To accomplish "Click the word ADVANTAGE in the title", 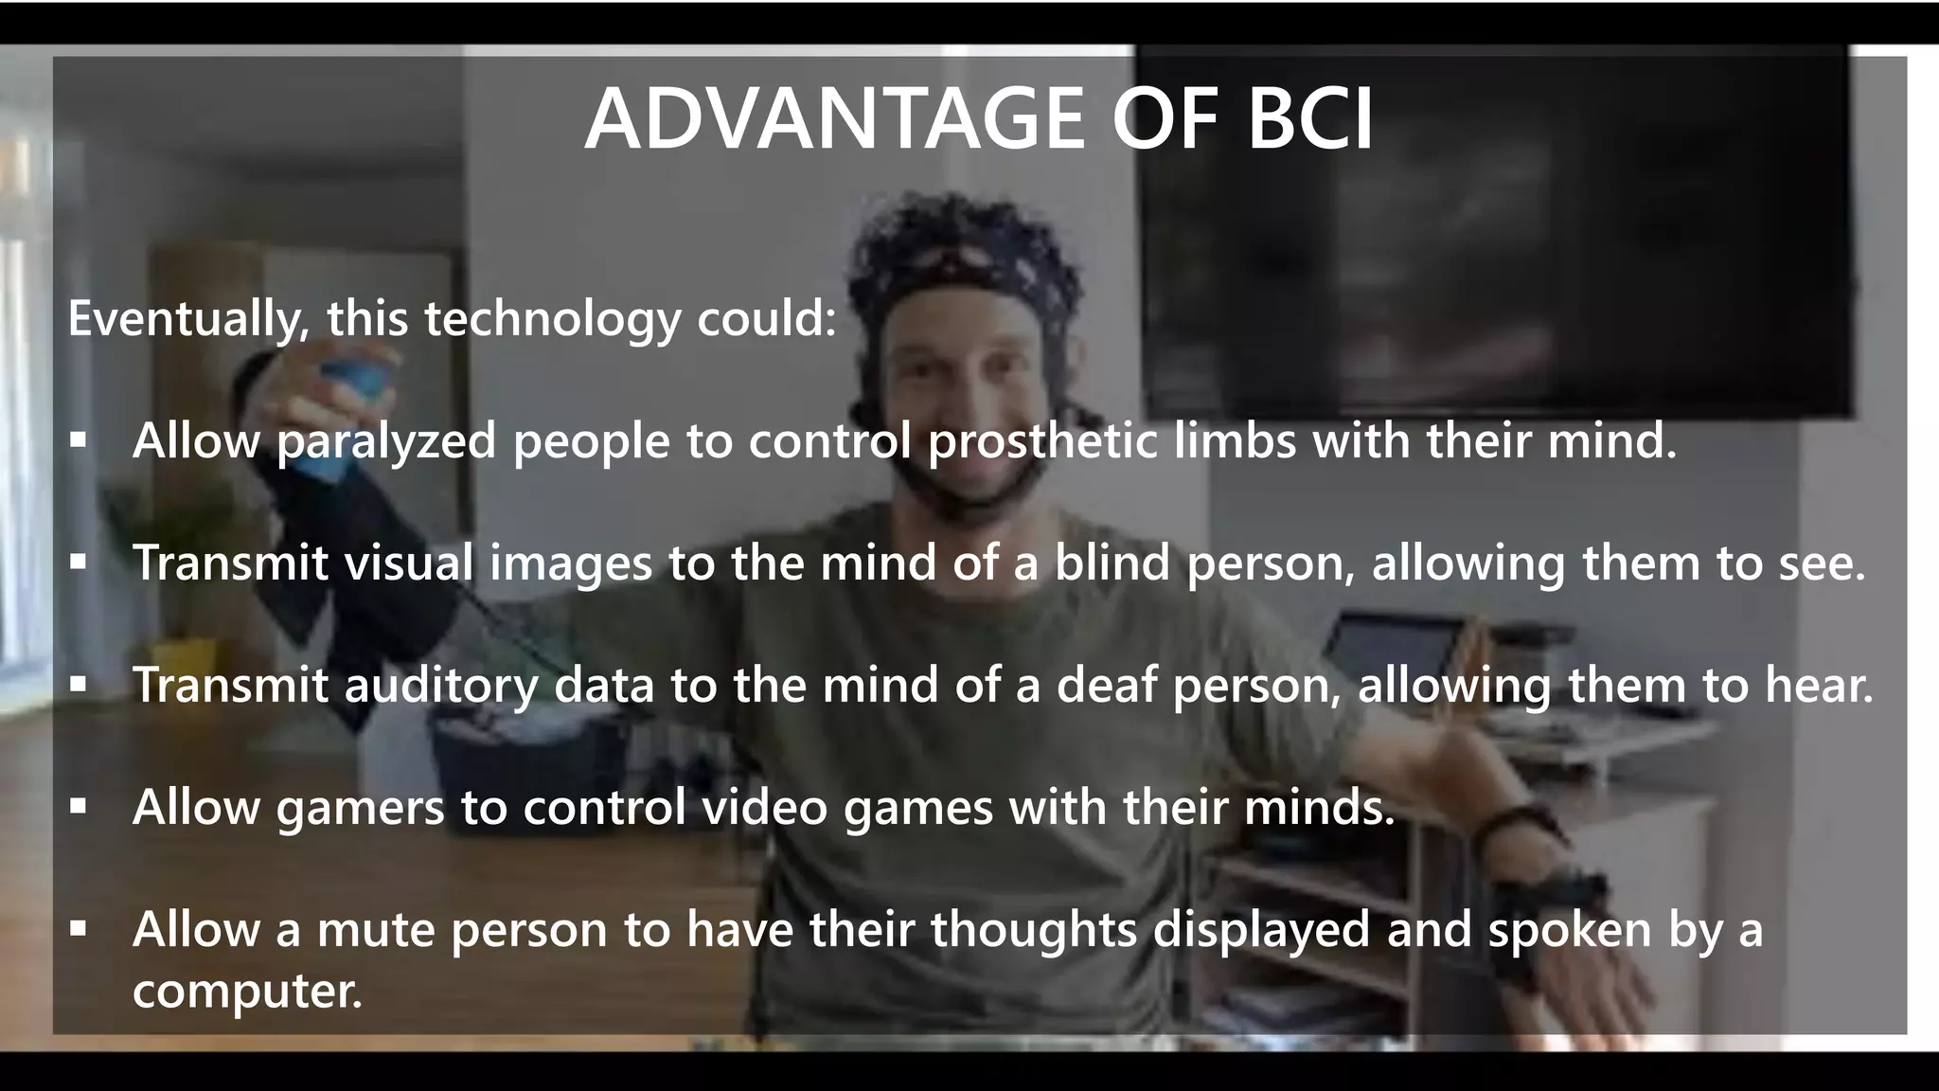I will [834, 119].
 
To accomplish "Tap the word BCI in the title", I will [1309, 119].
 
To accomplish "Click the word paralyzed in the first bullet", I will [386, 441].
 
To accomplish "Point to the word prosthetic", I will [1042, 441].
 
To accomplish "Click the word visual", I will [408, 563].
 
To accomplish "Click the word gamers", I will [360, 807].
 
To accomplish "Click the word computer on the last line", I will [247, 991].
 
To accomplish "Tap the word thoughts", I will [1033, 929].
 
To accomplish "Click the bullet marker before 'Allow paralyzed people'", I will [79, 441].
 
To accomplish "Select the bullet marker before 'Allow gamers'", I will [79, 807].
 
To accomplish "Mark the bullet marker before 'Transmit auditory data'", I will [79, 685].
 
